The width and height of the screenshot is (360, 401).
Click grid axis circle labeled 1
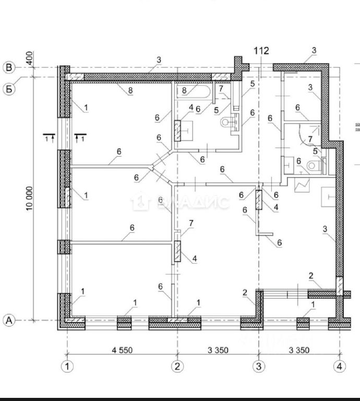point(67,366)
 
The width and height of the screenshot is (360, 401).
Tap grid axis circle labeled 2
point(178,366)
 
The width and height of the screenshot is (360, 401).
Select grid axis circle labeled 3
point(258,366)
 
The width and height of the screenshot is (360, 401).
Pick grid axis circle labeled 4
point(340,366)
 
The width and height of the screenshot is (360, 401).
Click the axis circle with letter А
point(9,320)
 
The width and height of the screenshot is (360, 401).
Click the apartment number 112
point(261,51)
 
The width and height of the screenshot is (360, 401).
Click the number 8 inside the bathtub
point(185,90)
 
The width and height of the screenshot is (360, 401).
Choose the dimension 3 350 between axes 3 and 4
point(299,350)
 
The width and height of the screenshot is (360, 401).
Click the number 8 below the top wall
point(130,91)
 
